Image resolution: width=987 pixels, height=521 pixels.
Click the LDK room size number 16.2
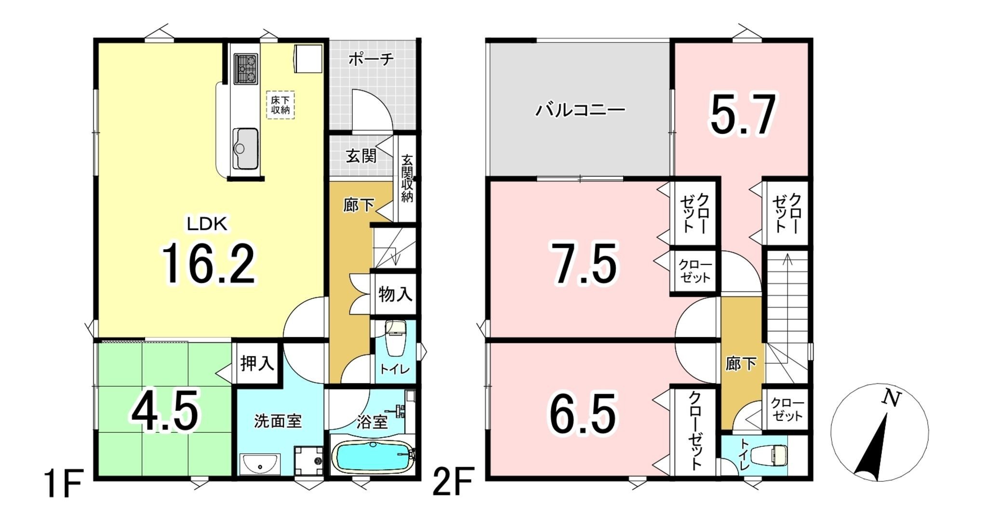point(208,264)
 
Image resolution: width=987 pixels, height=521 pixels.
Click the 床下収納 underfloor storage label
point(280,105)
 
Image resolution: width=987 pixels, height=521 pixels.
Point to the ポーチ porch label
point(371,60)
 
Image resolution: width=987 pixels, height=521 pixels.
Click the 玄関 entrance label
point(361,156)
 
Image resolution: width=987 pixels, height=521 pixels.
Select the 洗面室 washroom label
point(278,421)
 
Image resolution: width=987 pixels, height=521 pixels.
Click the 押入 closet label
point(257,363)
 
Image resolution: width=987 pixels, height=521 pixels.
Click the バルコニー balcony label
point(580,110)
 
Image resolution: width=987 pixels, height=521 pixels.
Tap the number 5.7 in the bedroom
point(742,115)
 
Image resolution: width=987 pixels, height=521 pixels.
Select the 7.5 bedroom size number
point(584,265)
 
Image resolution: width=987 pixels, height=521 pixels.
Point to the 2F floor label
point(453,482)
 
